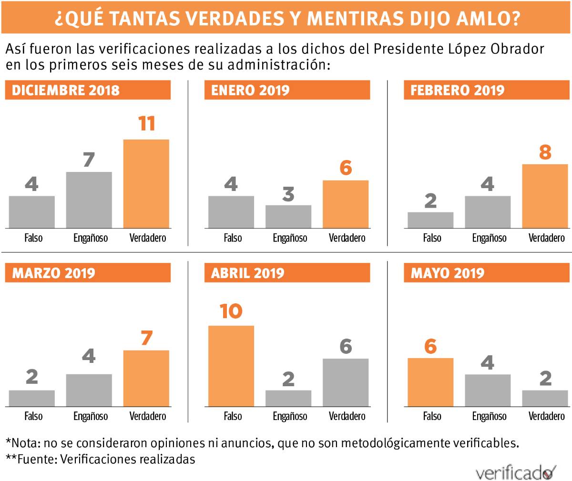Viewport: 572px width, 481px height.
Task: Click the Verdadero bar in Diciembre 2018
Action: pos(146,183)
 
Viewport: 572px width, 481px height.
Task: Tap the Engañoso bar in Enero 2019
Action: pos(288,216)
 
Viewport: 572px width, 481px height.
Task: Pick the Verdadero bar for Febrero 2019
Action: pos(545,196)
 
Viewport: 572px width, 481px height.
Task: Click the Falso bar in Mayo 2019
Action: pos(430,382)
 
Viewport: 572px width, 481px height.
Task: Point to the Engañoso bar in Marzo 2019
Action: pos(89,390)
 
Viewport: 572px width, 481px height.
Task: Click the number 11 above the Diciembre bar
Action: pos(147,124)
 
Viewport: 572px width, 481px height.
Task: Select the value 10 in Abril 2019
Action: pos(231,311)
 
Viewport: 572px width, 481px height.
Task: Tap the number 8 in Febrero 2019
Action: pos(545,152)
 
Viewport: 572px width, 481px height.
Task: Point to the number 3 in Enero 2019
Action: pos(288,194)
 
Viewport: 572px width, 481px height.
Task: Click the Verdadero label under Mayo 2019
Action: pos(546,416)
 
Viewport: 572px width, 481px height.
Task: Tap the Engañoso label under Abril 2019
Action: pos(290,416)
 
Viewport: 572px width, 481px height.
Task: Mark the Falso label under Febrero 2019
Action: pos(432,238)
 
